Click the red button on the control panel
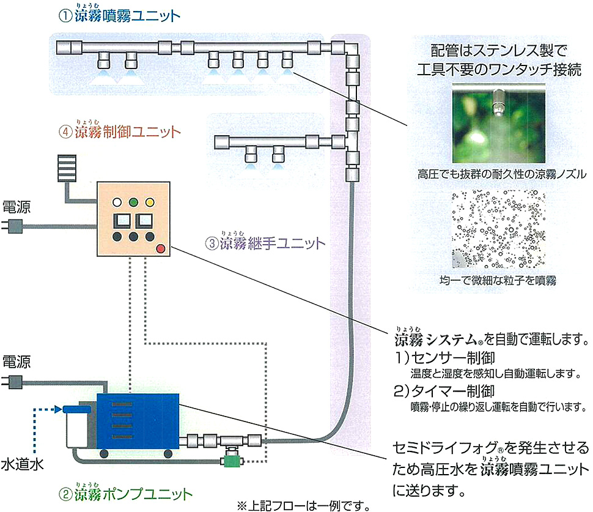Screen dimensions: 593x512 pos(161,248)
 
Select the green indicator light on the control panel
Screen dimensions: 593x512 pos(133,202)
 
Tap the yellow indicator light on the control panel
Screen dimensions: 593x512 pos(150,202)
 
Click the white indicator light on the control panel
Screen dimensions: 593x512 pos(117,202)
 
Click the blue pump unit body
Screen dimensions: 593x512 pos(138,421)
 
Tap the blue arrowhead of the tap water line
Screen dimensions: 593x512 pos(59,409)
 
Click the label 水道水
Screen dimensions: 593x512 pos(22,465)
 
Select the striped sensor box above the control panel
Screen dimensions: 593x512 pos(67,168)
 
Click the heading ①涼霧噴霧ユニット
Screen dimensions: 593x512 pos(119,15)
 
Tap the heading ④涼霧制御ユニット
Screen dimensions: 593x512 pos(119,131)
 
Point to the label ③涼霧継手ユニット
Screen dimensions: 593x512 pos(265,242)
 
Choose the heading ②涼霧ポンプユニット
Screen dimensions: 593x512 pos(125,494)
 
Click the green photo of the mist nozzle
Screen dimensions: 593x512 pos(499,124)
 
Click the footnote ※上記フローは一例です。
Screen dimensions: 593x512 pos(303,505)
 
